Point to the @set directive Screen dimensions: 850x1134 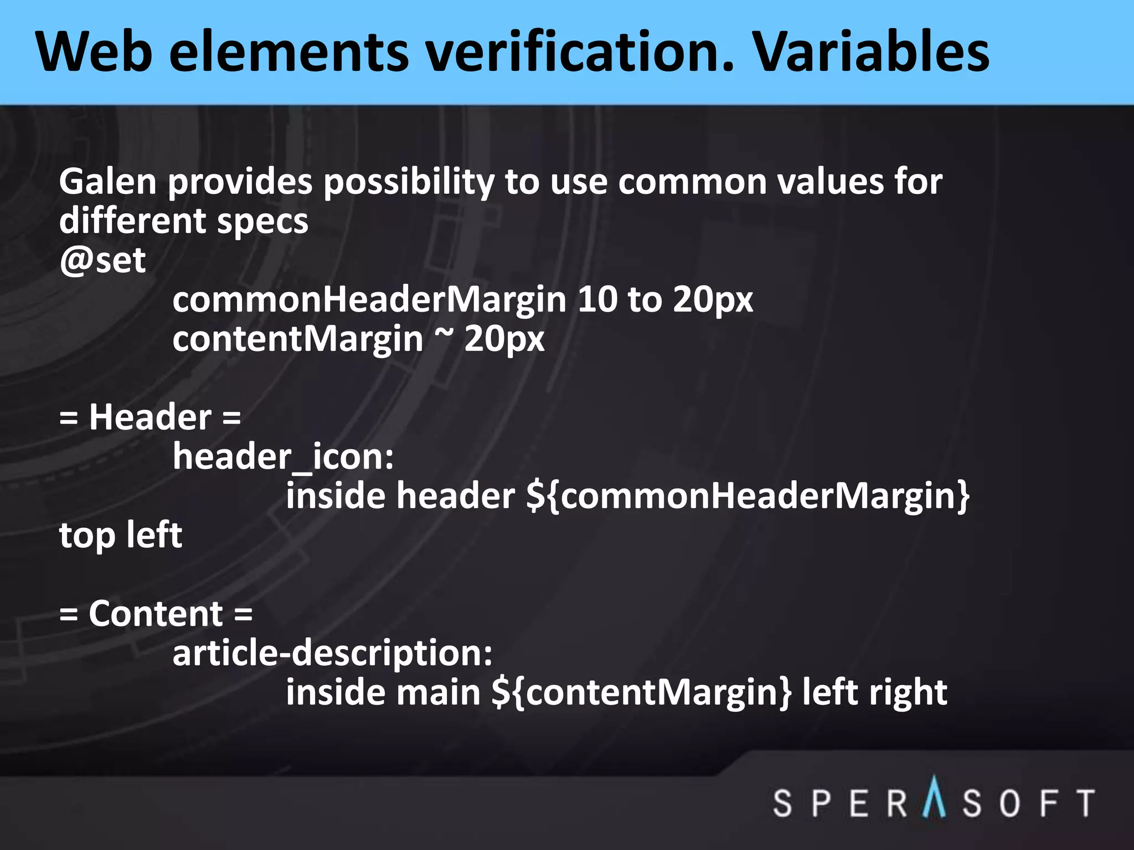(102, 260)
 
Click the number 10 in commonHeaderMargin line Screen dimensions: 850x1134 (597, 299)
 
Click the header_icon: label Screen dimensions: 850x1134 (283, 457)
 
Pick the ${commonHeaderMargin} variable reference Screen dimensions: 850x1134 (748, 496)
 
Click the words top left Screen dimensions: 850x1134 (121, 535)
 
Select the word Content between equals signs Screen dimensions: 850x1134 (156, 614)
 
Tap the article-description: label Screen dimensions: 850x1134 (332, 654)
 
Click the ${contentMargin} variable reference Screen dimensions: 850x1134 (642, 693)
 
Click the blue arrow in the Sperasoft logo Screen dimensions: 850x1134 (935, 797)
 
